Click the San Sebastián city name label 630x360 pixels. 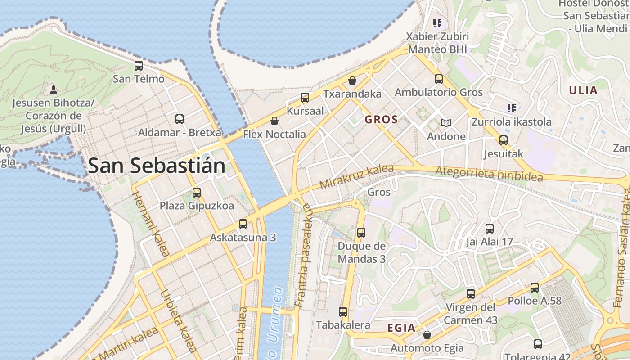click(156, 166)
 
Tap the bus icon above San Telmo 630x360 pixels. click(139, 66)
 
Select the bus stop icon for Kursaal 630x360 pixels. click(305, 98)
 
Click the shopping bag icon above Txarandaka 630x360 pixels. click(352, 81)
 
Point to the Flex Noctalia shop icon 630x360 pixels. click(274, 121)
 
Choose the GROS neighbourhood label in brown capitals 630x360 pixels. click(381, 120)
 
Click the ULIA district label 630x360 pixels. click(583, 90)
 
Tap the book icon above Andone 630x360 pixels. click(446, 123)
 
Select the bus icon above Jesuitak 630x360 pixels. click(504, 140)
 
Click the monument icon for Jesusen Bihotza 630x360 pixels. click(54, 90)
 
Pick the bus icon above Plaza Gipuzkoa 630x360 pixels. click(197, 193)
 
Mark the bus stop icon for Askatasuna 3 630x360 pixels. click(243, 224)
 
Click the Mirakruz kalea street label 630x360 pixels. click(356, 177)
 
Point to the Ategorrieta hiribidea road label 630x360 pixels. click(489, 174)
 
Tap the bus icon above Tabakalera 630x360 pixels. click(343, 311)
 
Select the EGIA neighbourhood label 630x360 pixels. click(401, 328)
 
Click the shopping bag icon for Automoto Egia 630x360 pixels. click(427, 335)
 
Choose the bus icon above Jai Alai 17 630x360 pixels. click(490, 229)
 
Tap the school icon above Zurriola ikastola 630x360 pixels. click(511, 108)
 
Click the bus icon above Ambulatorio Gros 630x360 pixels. click(439, 79)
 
